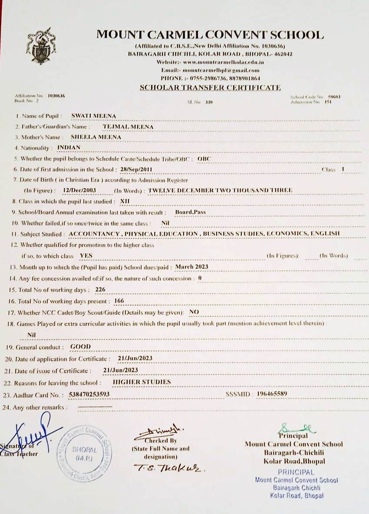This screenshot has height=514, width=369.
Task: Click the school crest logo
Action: (x=41, y=46)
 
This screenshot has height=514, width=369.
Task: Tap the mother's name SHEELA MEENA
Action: (x=96, y=137)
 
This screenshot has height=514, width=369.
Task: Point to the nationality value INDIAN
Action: (x=69, y=147)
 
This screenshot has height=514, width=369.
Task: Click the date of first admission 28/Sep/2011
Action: (x=137, y=169)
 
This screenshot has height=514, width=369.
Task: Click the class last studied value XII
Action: (x=125, y=201)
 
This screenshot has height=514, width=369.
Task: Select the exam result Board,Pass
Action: (x=190, y=212)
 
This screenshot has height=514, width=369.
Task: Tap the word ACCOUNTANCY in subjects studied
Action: (x=94, y=234)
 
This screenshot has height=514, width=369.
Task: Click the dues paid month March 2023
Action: (x=191, y=267)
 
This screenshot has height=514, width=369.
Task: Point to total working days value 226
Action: (x=100, y=289)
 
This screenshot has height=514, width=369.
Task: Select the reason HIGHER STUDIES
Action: (x=142, y=382)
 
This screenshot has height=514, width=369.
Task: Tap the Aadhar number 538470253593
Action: (x=89, y=394)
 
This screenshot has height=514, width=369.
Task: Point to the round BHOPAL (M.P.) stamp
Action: (x=83, y=453)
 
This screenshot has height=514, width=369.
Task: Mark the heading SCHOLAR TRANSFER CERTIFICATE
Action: (x=210, y=88)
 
